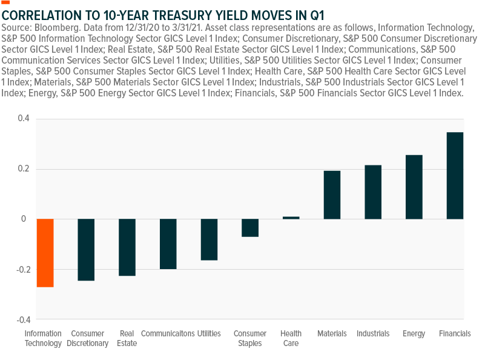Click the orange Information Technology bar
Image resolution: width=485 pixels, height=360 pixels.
point(45,253)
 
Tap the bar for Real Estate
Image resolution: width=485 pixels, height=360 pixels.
point(127,247)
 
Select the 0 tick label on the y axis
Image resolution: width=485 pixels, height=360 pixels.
point(24,219)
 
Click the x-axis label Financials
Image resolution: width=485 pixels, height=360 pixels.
point(455,334)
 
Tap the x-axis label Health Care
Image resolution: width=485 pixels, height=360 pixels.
point(291,338)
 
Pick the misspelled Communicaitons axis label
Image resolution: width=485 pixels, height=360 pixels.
point(168,334)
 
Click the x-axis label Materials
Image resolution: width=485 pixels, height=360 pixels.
point(332,334)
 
